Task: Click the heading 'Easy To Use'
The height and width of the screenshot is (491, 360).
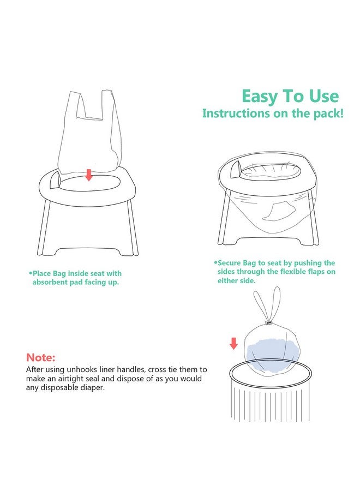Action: point(290,97)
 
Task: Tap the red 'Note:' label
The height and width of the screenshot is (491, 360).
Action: point(41,358)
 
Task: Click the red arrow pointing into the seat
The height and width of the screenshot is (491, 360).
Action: point(88,175)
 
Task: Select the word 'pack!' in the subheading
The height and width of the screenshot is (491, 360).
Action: point(329,113)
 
